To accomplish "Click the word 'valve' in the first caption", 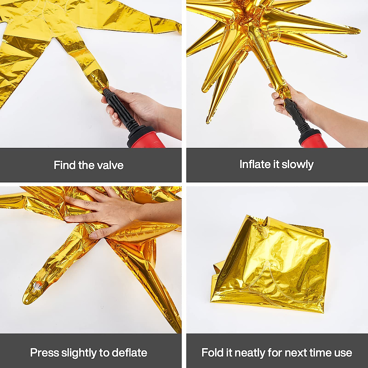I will tap(110, 165).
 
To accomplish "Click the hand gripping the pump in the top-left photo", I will tap(135, 107).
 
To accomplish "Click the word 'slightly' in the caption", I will tap(81, 353).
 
